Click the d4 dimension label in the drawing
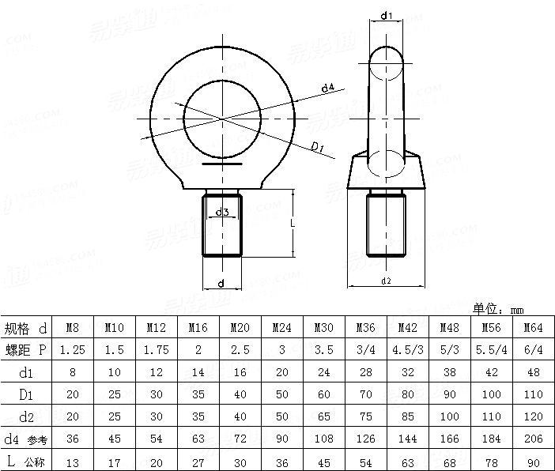point(327,89)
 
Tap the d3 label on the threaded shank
point(222,212)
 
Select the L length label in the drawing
point(292,224)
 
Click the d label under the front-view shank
point(221,283)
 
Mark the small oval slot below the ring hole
point(222,165)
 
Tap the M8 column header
point(71,327)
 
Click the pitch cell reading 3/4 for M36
point(366,349)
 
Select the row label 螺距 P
point(25,349)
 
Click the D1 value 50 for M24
point(281,393)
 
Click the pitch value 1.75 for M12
point(155,349)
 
